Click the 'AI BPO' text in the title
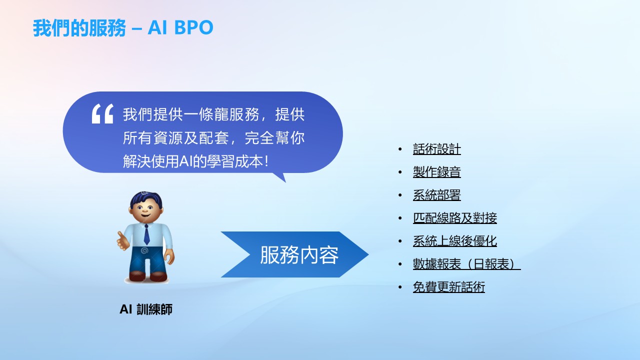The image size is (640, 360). (x=180, y=27)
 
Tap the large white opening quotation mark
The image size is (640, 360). (x=102, y=113)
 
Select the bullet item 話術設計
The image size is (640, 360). (x=437, y=149)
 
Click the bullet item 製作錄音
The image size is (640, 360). (x=437, y=172)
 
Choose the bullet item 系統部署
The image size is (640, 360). (x=437, y=195)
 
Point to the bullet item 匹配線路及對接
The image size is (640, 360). (x=455, y=218)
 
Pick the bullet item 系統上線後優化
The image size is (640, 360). (x=455, y=241)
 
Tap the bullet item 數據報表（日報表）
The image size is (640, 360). (x=467, y=264)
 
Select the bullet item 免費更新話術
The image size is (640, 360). (x=449, y=287)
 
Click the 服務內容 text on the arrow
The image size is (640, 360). (x=299, y=255)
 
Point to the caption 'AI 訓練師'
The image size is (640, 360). (x=146, y=309)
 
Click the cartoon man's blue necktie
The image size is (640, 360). (x=146, y=234)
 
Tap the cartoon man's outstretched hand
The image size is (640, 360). (x=123, y=241)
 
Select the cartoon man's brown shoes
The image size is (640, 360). (x=148, y=276)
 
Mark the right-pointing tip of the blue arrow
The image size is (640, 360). (x=368, y=254)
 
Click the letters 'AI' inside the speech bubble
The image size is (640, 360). (x=186, y=161)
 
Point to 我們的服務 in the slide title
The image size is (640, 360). (x=79, y=27)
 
